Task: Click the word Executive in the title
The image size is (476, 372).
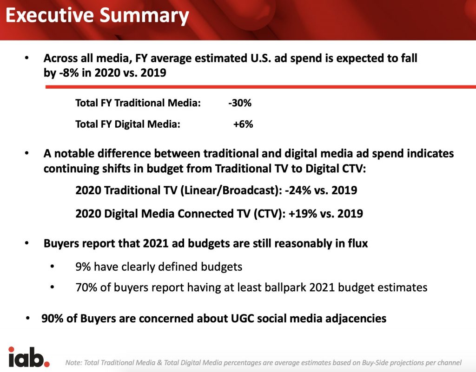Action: (50, 15)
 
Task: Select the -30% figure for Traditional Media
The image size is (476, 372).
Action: (240, 103)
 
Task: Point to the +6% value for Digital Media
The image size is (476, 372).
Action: (243, 124)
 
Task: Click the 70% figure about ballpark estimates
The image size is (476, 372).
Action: (86, 287)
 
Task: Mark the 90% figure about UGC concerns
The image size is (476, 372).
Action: (52, 318)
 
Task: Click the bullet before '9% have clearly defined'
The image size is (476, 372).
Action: (52, 267)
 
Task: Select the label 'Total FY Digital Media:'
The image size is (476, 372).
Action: (128, 124)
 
